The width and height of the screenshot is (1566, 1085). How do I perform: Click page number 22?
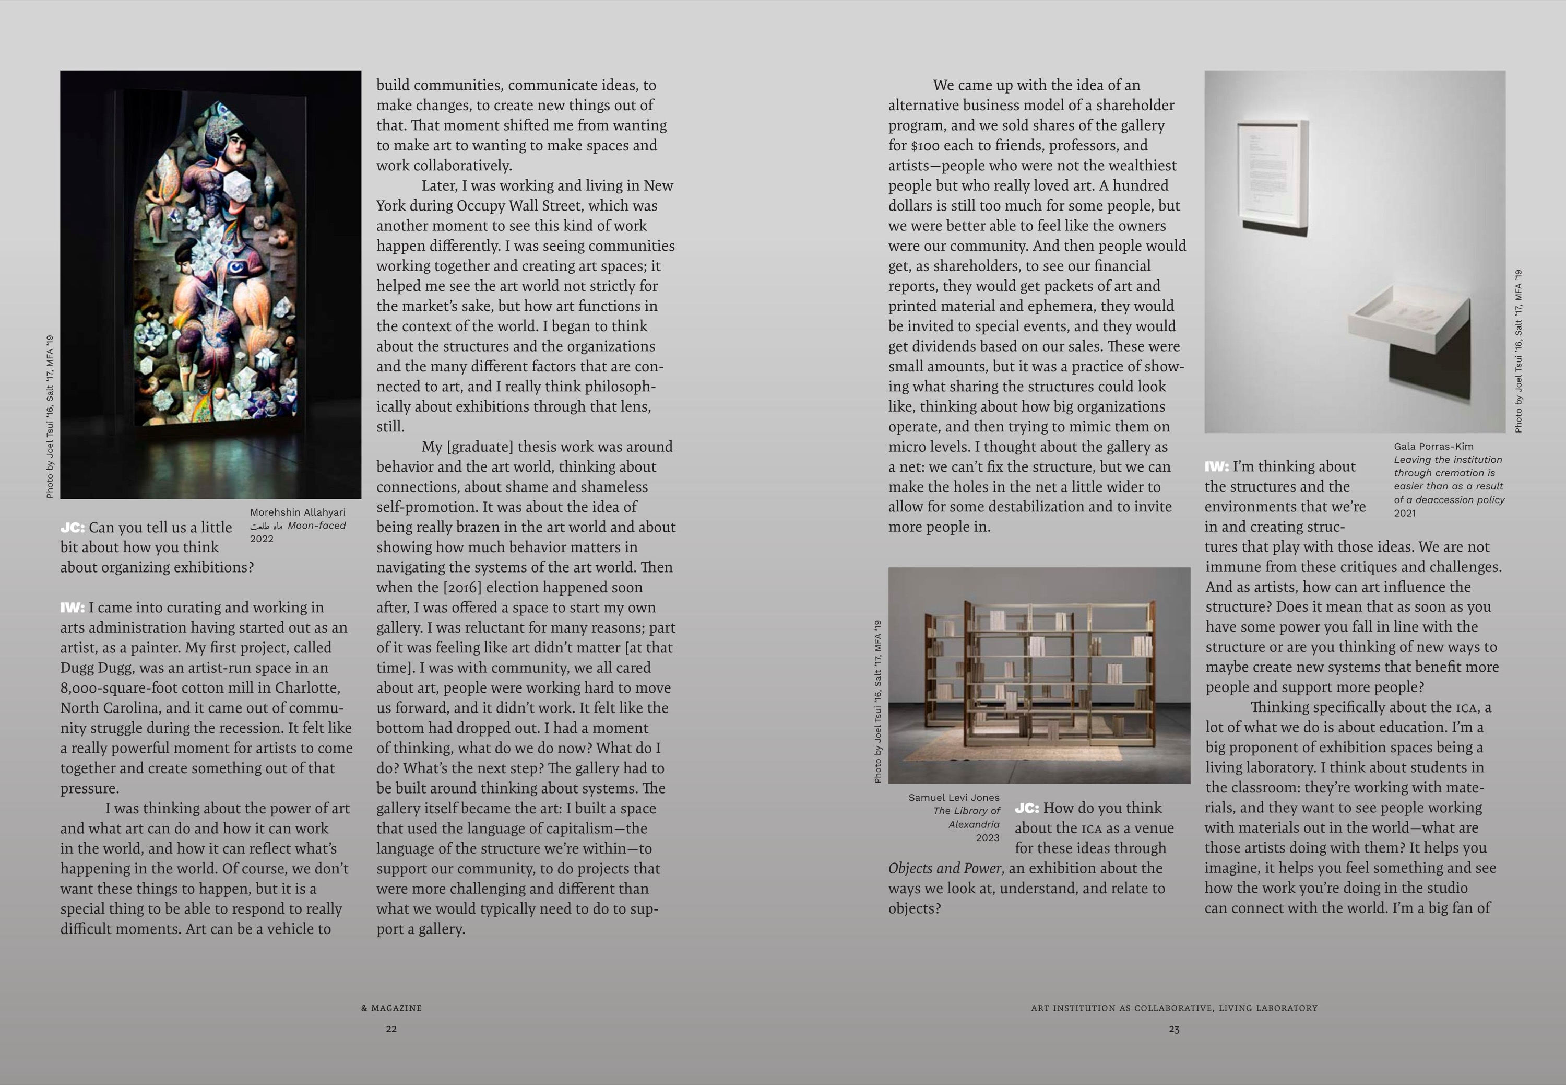point(391,1029)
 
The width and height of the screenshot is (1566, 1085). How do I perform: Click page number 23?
point(1174,1029)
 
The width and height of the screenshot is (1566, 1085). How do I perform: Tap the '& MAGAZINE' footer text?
point(391,1008)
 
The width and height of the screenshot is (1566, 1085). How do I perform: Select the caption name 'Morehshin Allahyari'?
point(298,512)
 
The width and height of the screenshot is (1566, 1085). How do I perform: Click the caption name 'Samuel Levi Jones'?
point(954,798)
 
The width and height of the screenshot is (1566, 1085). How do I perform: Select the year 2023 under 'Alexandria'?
point(987,837)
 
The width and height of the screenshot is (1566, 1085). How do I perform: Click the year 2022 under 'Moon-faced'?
point(262,539)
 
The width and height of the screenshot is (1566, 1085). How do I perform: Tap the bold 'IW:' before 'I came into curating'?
point(72,607)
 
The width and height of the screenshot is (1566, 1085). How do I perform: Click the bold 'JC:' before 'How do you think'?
point(1027,808)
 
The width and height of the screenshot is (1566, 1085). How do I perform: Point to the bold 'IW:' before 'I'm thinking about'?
point(1216,466)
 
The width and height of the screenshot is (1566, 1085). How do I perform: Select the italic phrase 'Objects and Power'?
point(944,868)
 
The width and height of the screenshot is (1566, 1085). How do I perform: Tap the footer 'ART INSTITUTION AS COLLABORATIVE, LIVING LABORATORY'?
point(1174,1008)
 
